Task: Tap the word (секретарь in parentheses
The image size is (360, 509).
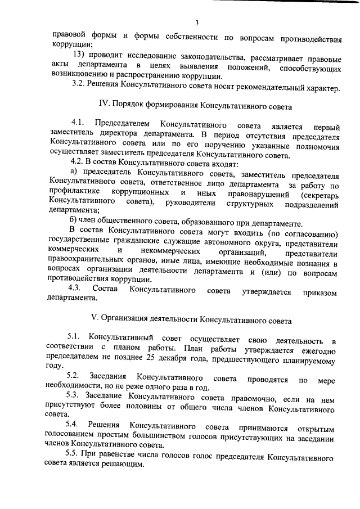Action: tap(319, 196)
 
